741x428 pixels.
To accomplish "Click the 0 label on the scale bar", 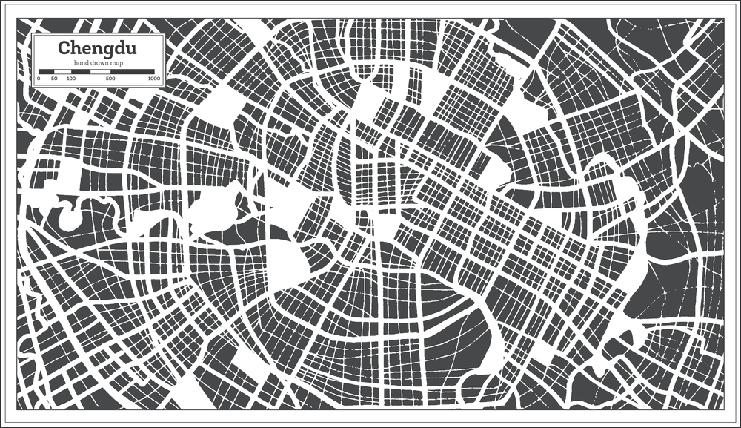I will (39, 78).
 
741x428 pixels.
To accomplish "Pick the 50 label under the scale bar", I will (54, 78).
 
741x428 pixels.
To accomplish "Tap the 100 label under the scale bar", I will (71, 78).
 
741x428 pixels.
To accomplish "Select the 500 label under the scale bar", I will (110, 78).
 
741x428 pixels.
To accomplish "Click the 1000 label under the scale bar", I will (153, 78).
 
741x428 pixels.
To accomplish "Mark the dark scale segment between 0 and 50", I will (46, 71).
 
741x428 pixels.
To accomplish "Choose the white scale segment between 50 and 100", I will (62, 71).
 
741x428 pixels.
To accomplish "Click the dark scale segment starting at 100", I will (81, 71).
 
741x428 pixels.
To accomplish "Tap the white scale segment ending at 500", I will (101, 71).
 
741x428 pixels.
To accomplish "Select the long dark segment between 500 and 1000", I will (133, 71).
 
